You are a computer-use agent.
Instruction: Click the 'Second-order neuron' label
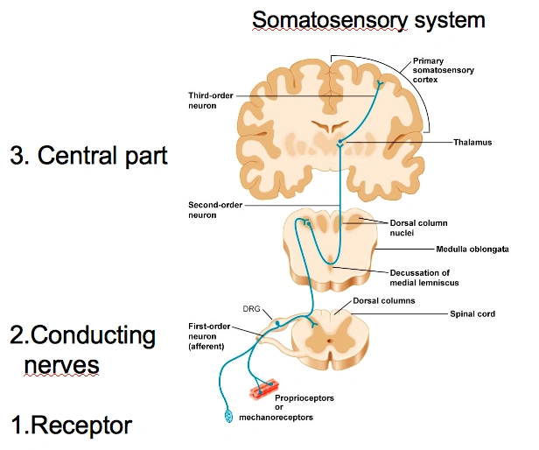coord(215,209)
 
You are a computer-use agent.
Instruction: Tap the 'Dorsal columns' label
coord(383,300)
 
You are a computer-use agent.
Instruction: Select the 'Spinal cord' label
coord(472,313)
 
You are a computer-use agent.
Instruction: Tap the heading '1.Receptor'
coord(71,425)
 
